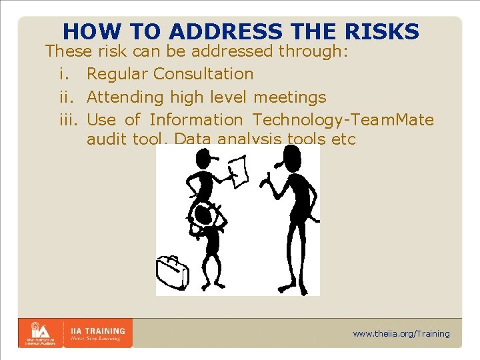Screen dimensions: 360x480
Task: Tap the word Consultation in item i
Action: [x=203, y=74]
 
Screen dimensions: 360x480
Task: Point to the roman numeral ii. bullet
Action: [x=63, y=97]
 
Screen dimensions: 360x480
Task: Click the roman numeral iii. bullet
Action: [x=65, y=120]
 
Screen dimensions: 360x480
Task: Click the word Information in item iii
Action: [x=196, y=120]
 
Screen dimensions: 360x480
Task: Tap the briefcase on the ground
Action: [x=172, y=273]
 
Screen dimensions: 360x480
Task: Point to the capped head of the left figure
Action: [x=202, y=159]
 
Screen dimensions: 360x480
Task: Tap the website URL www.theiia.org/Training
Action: [x=401, y=333]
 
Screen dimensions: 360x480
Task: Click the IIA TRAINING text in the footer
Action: [x=98, y=330]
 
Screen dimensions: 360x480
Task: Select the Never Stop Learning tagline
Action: [x=95, y=339]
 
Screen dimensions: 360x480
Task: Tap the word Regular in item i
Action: [x=117, y=74]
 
